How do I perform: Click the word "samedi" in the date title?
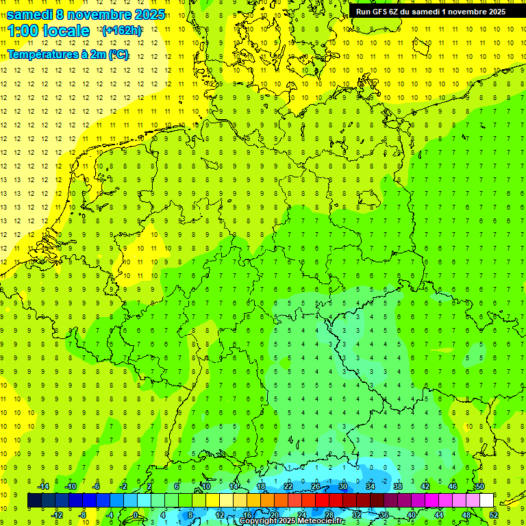click(x=31, y=14)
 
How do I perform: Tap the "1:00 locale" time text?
click(x=48, y=31)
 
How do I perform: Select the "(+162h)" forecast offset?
click(x=122, y=31)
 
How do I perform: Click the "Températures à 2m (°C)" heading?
click(x=67, y=54)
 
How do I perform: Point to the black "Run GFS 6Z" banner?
click(x=431, y=11)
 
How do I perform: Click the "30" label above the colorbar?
click(x=342, y=486)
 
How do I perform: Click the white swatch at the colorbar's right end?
click(x=486, y=501)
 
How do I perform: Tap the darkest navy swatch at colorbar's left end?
click(x=34, y=501)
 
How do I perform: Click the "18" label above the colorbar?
click(x=260, y=486)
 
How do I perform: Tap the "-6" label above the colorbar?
click(x=97, y=486)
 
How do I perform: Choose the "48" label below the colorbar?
click(x=467, y=515)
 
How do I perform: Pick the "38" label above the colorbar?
click(x=397, y=486)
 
